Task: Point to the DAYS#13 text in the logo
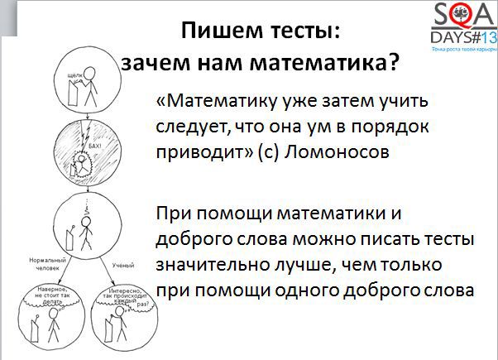pos(461,37)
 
